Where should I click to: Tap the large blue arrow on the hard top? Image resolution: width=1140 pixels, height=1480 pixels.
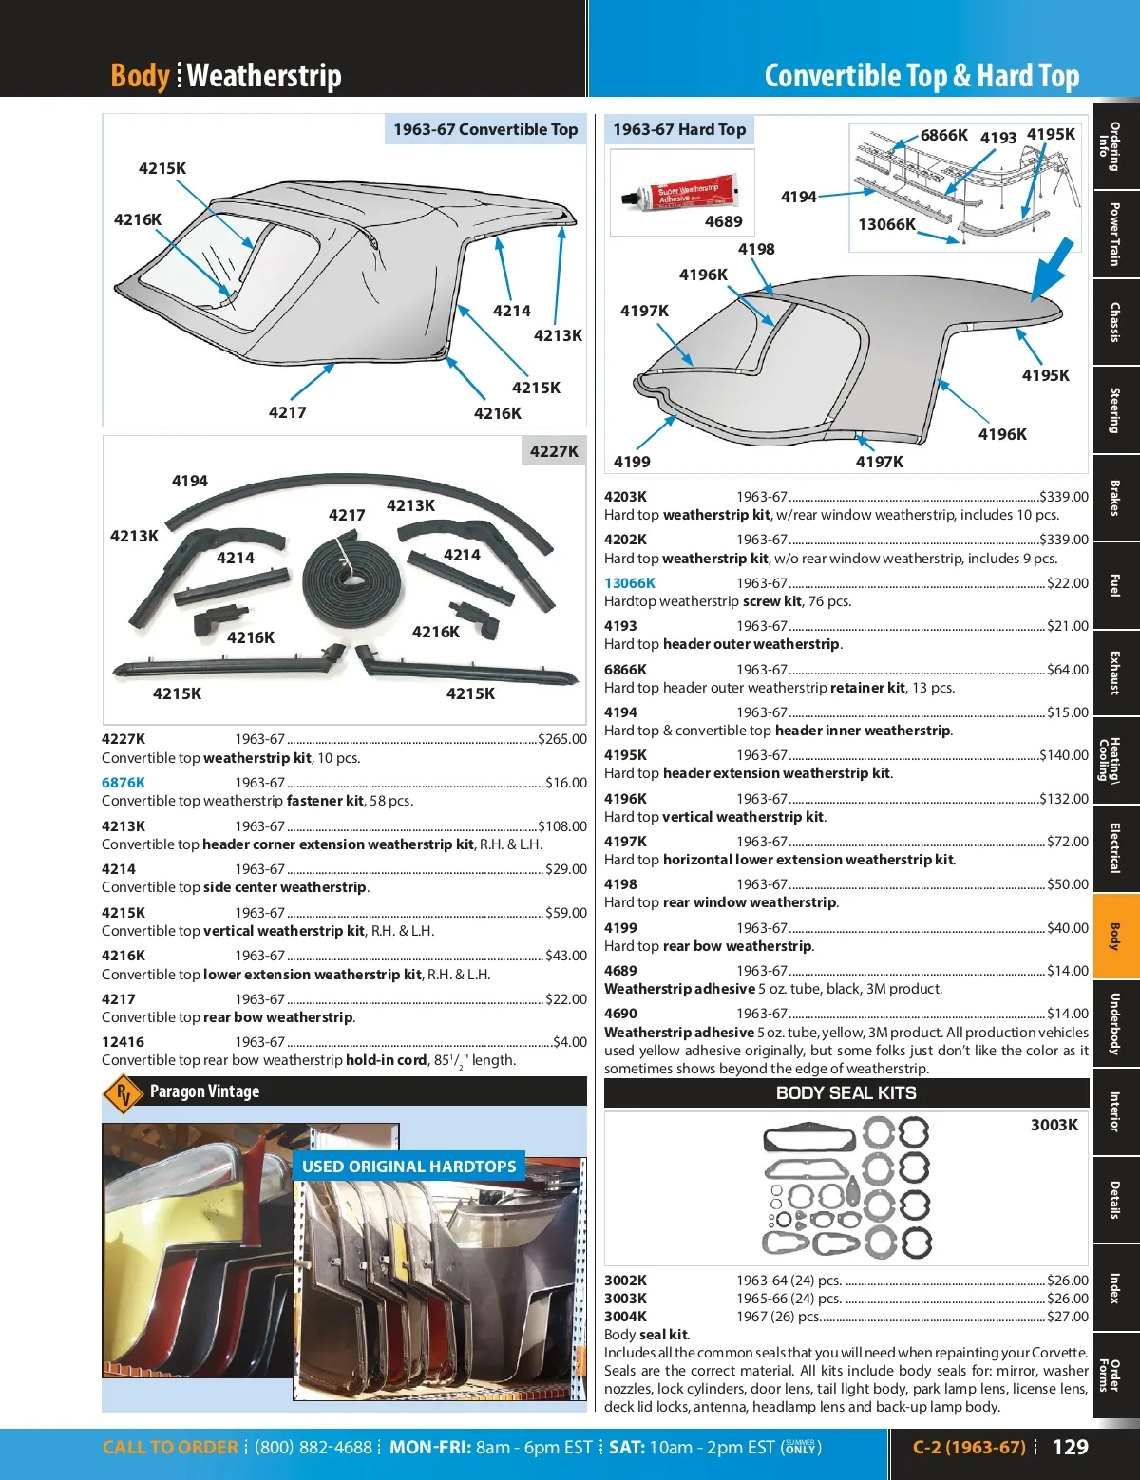(1052, 269)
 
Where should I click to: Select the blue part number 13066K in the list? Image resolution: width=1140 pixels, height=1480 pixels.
(629, 583)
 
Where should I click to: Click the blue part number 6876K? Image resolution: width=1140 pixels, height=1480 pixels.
(123, 783)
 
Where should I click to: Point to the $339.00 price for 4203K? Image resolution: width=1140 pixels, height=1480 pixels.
(1064, 497)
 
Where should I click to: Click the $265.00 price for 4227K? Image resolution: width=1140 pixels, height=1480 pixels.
(562, 739)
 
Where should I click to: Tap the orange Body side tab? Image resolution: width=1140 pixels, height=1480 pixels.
(1116, 937)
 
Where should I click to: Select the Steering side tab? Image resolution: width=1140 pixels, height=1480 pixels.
(1116, 410)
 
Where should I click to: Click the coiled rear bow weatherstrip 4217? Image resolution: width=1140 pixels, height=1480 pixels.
(342, 576)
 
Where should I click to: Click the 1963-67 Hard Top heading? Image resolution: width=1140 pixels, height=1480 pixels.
(679, 129)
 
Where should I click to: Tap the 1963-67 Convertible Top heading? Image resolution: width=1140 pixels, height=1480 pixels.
(485, 129)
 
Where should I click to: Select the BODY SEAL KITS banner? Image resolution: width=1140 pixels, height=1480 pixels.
(845, 1092)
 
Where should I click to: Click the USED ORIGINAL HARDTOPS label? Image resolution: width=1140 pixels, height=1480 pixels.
(408, 1167)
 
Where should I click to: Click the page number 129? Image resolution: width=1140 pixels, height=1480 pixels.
(1070, 1447)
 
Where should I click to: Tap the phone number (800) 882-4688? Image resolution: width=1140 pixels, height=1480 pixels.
(313, 1448)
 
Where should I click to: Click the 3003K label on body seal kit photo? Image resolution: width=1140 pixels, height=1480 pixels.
(1054, 1125)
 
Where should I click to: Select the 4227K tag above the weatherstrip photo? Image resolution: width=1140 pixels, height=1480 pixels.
(554, 451)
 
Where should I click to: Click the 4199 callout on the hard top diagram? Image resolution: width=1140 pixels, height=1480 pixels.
(632, 462)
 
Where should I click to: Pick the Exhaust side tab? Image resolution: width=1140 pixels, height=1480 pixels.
(1116, 673)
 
